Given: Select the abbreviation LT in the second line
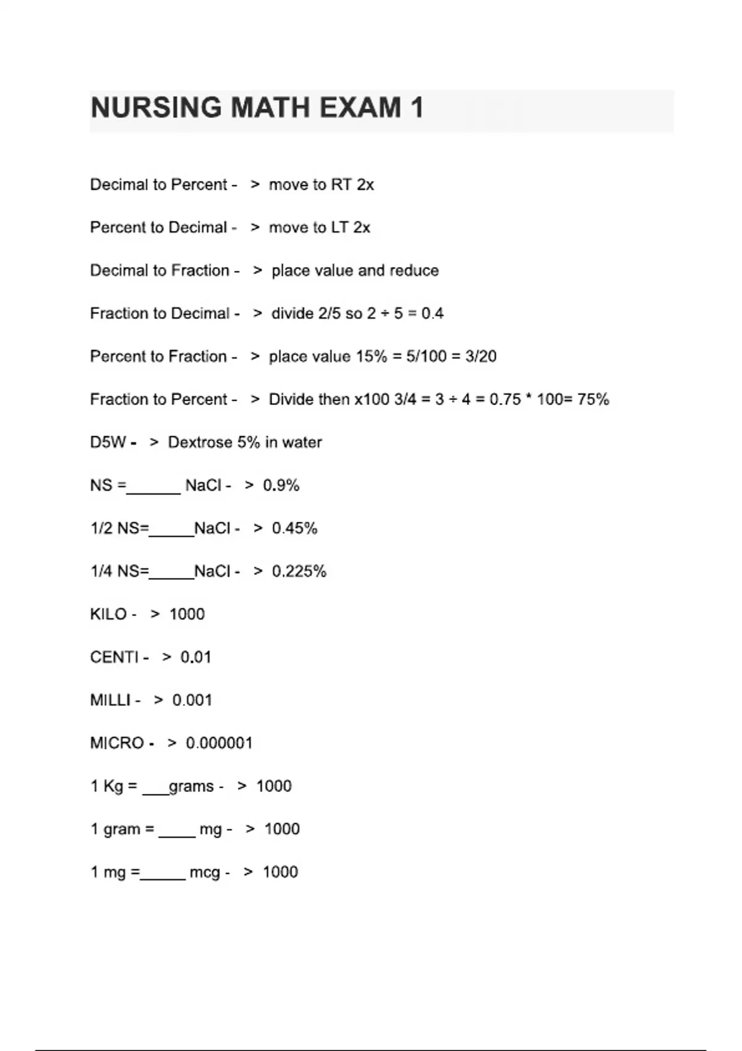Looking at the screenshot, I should pos(339,228).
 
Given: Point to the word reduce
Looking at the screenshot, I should pos(414,271).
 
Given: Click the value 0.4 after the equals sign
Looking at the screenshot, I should pos(432,313).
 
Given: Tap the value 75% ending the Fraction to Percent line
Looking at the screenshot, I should pos(593,399).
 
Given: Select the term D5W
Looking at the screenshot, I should pos(108,443).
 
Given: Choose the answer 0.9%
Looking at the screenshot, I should pos(281,485).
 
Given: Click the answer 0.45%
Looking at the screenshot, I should pos(294,529).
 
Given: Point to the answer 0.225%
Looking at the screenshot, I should pos(299,571).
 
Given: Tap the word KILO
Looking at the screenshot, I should pos(108,615).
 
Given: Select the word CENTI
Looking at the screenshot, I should pos(114,657).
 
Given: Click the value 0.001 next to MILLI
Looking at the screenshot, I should pos(192,700).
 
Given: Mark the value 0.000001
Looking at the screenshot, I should pos(219,743).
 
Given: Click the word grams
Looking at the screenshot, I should pos(191,786).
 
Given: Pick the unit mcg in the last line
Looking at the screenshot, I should pos(205,872).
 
